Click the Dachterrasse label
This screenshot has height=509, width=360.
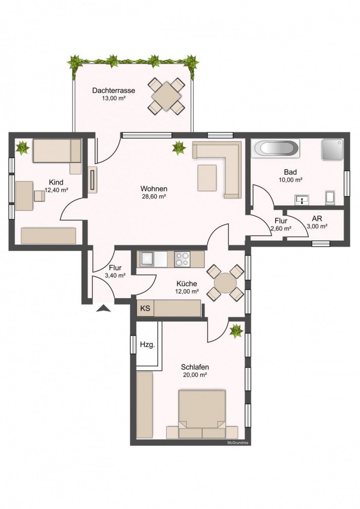[x=113, y=90]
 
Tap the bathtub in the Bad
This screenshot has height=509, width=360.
[x=275, y=149]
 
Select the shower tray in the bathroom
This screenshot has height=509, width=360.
[x=332, y=149]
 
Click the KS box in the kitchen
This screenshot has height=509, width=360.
[x=145, y=308]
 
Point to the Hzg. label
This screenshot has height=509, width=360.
[x=147, y=345]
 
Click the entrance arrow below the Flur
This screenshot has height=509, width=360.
[x=104, y=309]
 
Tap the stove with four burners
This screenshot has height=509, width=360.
[x=182, y=259]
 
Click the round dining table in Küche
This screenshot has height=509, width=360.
[x=225, y=283]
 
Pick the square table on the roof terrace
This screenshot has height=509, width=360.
[x=167, y=96]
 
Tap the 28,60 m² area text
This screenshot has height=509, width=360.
[x=154, y=196]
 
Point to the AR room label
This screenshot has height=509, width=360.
[x=317, y=219]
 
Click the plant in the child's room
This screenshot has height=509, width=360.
[x=22, y=148]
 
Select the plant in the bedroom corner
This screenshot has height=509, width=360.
[x=236, y=331]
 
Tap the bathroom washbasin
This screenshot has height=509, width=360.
[x=302, y=200]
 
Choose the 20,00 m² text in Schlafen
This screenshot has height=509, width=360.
[x=194, y=375]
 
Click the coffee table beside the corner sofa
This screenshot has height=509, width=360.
[x=207, y=178]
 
